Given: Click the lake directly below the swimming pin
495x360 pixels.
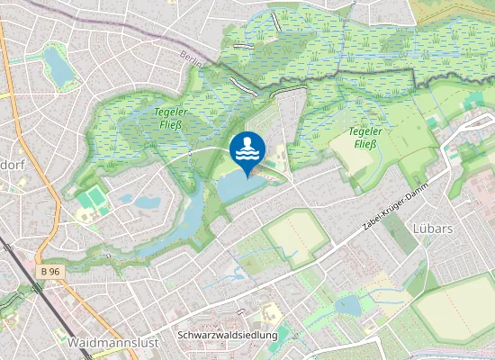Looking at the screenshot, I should coord(240,187).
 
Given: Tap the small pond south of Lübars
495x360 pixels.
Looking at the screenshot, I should coord(347,306).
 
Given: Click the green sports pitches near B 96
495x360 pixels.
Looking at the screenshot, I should coord(89,200).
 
